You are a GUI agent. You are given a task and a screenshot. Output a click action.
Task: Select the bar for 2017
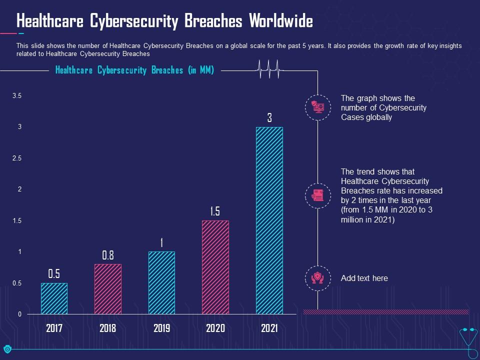pos(54,298)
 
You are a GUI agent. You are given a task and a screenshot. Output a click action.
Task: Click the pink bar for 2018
pos(108,289)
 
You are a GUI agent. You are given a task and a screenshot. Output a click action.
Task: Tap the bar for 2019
pos(161,282)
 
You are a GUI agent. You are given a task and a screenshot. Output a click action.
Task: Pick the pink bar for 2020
pos(215,267)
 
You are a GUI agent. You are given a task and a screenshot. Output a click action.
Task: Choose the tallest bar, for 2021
pos(269,220)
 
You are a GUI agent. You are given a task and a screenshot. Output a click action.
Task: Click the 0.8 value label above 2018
pos(108,255)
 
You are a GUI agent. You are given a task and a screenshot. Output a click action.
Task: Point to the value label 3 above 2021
pos(269,118)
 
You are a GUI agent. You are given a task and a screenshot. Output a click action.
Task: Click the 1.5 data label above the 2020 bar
pos(215,211)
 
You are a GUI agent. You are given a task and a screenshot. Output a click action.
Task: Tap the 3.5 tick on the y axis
pos(16,95)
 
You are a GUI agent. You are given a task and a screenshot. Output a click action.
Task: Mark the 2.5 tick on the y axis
pos(16,158)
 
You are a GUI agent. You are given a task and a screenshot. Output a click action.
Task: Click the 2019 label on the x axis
pos(161,328)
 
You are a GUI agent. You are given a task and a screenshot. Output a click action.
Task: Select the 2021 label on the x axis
pos(269,328)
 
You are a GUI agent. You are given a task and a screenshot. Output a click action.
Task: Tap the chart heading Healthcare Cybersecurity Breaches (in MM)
pos(134,70)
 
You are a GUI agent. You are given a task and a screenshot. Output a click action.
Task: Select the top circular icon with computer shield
pos(318,107)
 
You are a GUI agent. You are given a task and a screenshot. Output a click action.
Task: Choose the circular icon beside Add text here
pos(318,278)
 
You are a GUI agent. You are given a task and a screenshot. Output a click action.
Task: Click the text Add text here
pos(364,278)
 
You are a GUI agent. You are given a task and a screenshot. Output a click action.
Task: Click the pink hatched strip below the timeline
pos(386,312)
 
